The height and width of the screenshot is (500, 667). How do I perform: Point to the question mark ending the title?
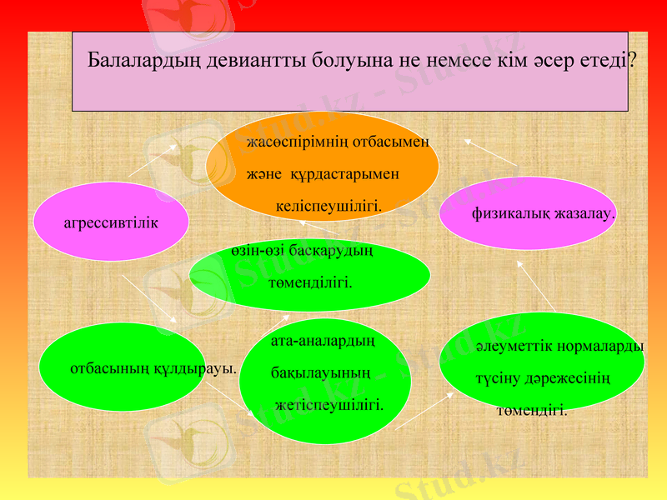pyautogui.click(x=633, y=61)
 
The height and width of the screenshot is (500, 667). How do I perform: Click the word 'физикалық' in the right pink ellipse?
pyautogui.click(x=510, y=213)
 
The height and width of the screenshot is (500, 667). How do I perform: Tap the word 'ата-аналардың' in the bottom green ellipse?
pyautogui.click(x=323, y=341)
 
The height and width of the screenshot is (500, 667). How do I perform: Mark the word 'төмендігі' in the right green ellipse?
pyautogui.click(x=532, y=411)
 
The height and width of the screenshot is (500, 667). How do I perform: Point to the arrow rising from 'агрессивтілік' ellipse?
pyautogui.click(x=153, y=166)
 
